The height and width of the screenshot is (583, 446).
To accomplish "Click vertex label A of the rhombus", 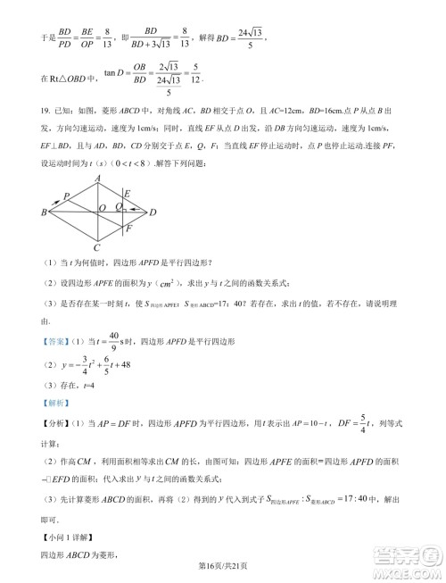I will pos(97,179).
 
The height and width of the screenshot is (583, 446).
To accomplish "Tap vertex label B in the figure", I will pos(44,212).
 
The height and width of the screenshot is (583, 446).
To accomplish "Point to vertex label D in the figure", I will pos(153,212).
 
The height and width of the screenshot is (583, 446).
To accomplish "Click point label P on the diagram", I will pos(68,196).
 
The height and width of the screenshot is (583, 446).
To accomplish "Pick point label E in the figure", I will pos(128,193).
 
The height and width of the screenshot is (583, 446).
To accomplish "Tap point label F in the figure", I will pos(128,229).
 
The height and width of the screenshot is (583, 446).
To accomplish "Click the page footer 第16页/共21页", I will pos(222,568).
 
